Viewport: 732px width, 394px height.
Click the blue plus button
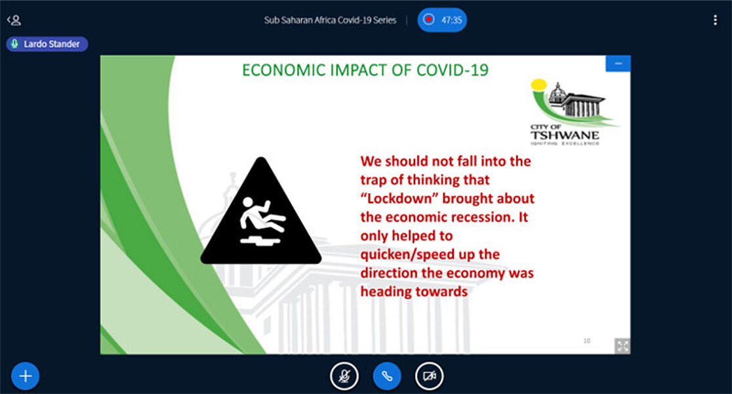point(25,376)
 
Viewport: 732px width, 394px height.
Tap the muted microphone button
point(344,376)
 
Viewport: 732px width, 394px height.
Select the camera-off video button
point(430,376)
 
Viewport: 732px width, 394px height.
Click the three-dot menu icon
point(715,20)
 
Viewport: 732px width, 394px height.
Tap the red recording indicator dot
point(428,20)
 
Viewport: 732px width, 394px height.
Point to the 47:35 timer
point(451,20)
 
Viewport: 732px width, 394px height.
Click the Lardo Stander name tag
point(47,44)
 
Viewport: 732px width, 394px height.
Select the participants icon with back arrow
point(14,20)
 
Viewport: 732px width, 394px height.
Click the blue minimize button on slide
point(618,64)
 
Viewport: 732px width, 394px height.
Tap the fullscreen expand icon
point(622,346)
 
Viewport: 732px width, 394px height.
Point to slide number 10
point(587,341)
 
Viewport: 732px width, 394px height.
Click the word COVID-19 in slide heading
point(452,70)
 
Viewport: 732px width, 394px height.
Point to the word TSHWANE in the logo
point(564,135)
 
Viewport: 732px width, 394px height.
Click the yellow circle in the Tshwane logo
point(539,85)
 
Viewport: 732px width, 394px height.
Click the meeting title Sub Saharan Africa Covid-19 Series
point(330,20)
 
